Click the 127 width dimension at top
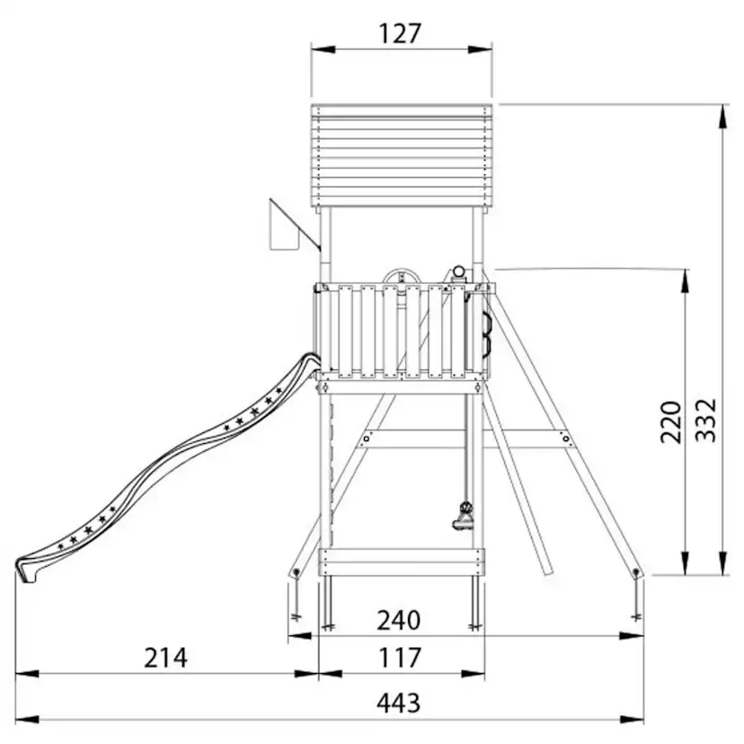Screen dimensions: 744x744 (x=400, y=33)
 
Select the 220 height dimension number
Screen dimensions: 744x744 (x=671, y=421)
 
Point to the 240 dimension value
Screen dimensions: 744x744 (x=399, y=620)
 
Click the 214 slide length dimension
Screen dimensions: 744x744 (x=165, y=658)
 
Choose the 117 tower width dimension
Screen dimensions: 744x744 (x=400, y=658)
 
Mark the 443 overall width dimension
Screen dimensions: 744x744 (x=399, y=704)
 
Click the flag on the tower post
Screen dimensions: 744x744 (x=285, y=225)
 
